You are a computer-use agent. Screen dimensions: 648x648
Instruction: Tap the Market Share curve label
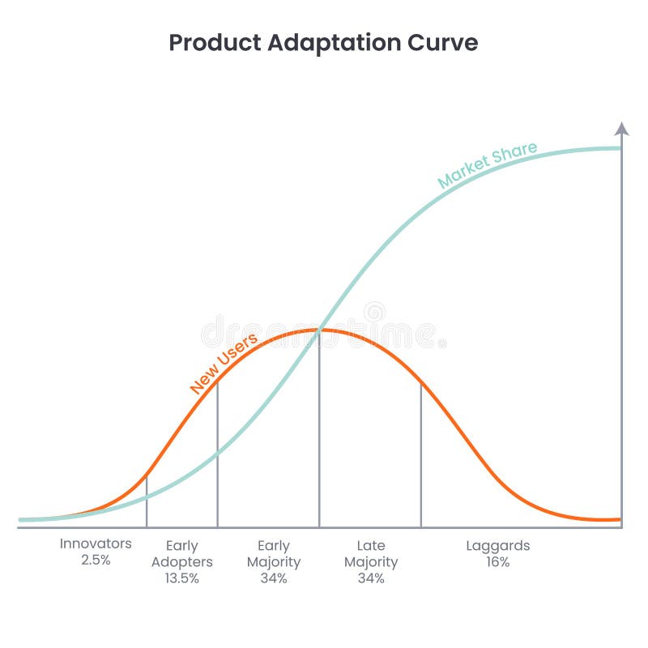487,165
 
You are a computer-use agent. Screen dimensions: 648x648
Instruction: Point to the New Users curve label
224,364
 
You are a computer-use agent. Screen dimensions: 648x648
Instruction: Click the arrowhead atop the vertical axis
621,129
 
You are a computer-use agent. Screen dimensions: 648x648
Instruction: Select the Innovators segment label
96,544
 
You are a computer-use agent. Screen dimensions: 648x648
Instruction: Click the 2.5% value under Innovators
96,560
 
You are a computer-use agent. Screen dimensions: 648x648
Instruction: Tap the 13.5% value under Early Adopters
181,578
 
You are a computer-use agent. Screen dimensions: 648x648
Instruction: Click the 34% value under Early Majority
274,578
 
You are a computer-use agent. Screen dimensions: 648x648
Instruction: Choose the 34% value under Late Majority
371,578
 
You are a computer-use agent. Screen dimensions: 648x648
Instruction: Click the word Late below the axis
371,545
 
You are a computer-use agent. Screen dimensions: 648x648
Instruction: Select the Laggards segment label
498,545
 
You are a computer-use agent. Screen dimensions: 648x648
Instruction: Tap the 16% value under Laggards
498,562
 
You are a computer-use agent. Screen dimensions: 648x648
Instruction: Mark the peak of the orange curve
319,329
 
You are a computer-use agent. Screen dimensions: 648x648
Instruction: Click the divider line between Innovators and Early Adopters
147,502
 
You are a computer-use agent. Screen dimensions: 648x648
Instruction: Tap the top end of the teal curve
619,148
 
